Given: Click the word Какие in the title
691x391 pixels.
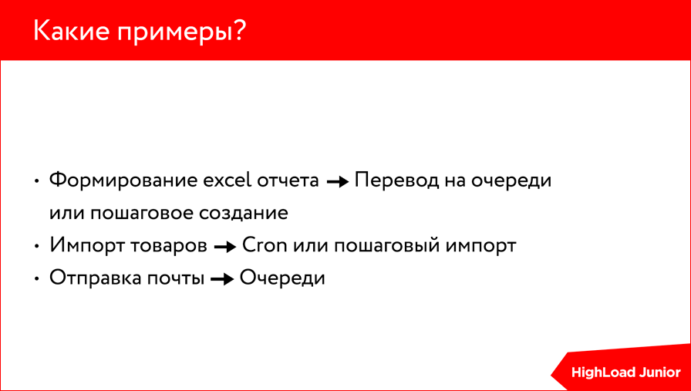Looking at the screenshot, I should pyautogui.click(x=69, y=31).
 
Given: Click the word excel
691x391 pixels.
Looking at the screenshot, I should pyautogui.click(x=228, y=181).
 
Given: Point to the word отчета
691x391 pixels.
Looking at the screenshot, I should pyautogui.click(x=290, y=181).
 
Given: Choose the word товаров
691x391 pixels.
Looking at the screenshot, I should pyautogui.click(x=167, y=246).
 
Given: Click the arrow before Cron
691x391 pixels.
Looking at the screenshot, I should pyautogui.click(x=224, y=248).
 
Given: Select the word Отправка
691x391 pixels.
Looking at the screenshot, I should pyautogui.click(x=96, y=278).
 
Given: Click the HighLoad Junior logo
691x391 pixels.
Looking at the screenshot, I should pyautogui.click(x=625, y=372).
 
